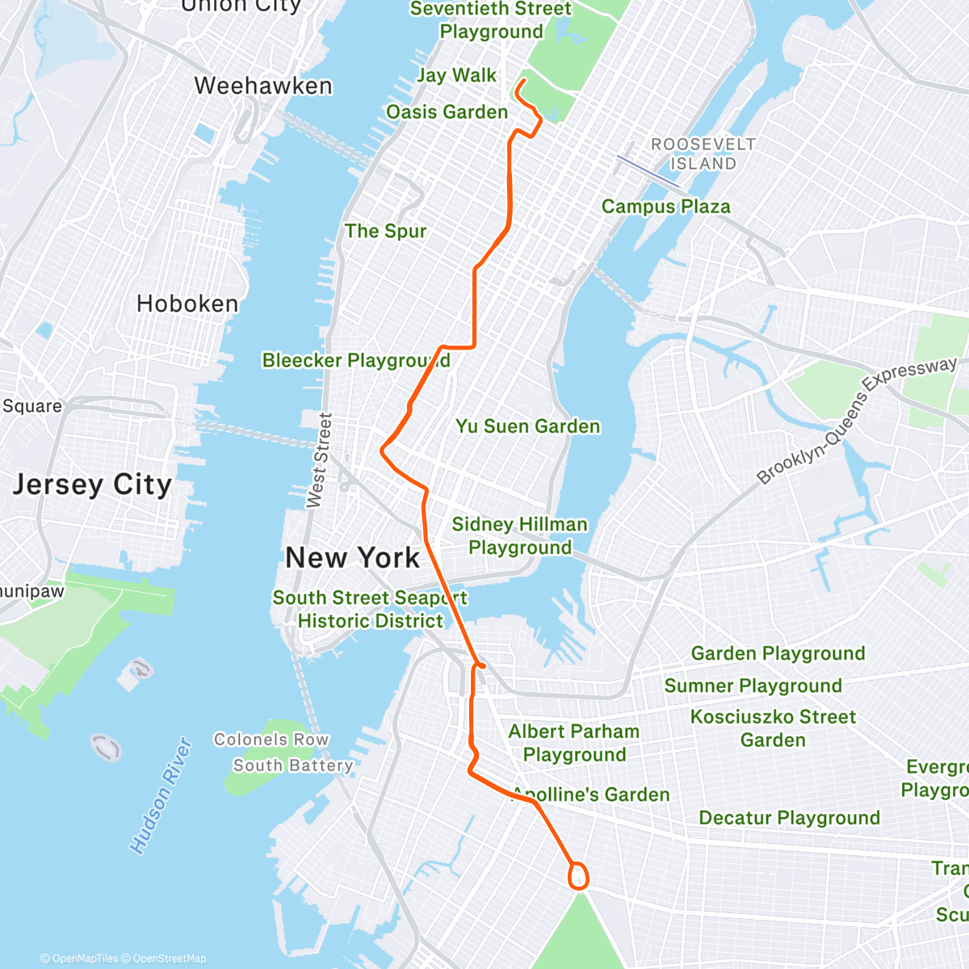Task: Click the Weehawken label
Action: point(263,86)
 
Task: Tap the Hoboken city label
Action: point(187,304)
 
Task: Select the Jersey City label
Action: point(92,484)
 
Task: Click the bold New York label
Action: point(353,558)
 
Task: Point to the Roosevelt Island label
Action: point(703,153)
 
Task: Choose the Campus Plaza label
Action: point(665,207)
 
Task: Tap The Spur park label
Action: point(385,231)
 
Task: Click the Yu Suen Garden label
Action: point(527,426)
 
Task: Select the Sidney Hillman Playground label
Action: point(519,535)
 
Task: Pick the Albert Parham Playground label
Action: point(573,743)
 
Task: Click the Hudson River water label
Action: point(161,795)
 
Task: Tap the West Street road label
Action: point(321,460)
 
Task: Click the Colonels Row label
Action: point(271,740)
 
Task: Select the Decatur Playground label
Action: point(789,818)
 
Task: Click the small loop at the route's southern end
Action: point(578,876)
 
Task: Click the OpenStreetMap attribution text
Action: point(169,959)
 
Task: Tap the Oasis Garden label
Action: point(447,112)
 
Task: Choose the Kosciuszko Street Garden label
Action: point(773,728)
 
